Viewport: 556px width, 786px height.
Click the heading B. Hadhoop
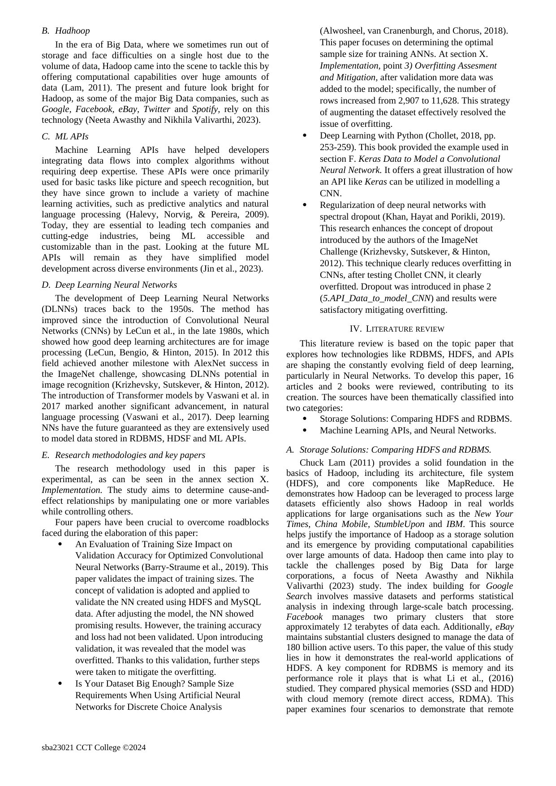pyautogui.click(x=66, y=31)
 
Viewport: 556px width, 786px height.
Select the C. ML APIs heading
pyautogui.click(x=65, y=136)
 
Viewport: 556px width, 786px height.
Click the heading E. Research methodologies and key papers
pyautogui.click(x=123, y=455)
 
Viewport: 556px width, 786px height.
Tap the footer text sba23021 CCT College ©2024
pyautogui.click(x=94, y=747)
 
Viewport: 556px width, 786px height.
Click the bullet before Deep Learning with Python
pyautogui.click(x=305, y=135)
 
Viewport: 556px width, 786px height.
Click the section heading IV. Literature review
pyautogui.click(x=397, y=329)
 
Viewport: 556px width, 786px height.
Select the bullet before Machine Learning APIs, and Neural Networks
pyautogui.click(x=305, y=430)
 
